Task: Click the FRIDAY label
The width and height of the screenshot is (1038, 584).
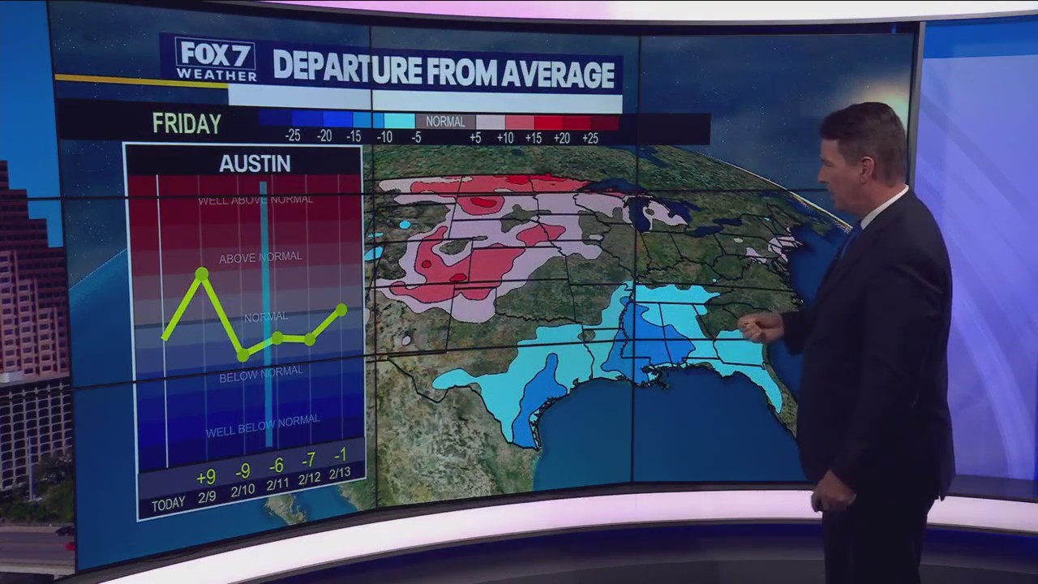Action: (187, 123)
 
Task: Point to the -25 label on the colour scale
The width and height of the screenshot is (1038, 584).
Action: (293, 136)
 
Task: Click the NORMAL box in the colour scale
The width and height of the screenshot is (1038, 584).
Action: (445, 122)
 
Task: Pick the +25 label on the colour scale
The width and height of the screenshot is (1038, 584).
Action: (590, 138)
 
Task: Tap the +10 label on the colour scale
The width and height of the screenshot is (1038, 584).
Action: (504, 138)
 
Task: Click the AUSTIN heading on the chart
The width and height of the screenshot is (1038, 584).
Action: (255, 163)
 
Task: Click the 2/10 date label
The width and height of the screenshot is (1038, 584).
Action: (242, 492)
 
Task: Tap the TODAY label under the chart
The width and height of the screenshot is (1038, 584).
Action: (169, 505)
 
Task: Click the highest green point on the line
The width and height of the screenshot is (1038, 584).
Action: (202, 274)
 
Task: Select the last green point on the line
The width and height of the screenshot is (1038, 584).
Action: (341, 310)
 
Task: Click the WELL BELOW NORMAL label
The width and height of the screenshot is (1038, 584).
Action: (263, 426)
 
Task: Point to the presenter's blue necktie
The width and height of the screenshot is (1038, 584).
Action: (849, 239)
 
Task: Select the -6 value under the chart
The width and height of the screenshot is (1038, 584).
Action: (277, 465)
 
